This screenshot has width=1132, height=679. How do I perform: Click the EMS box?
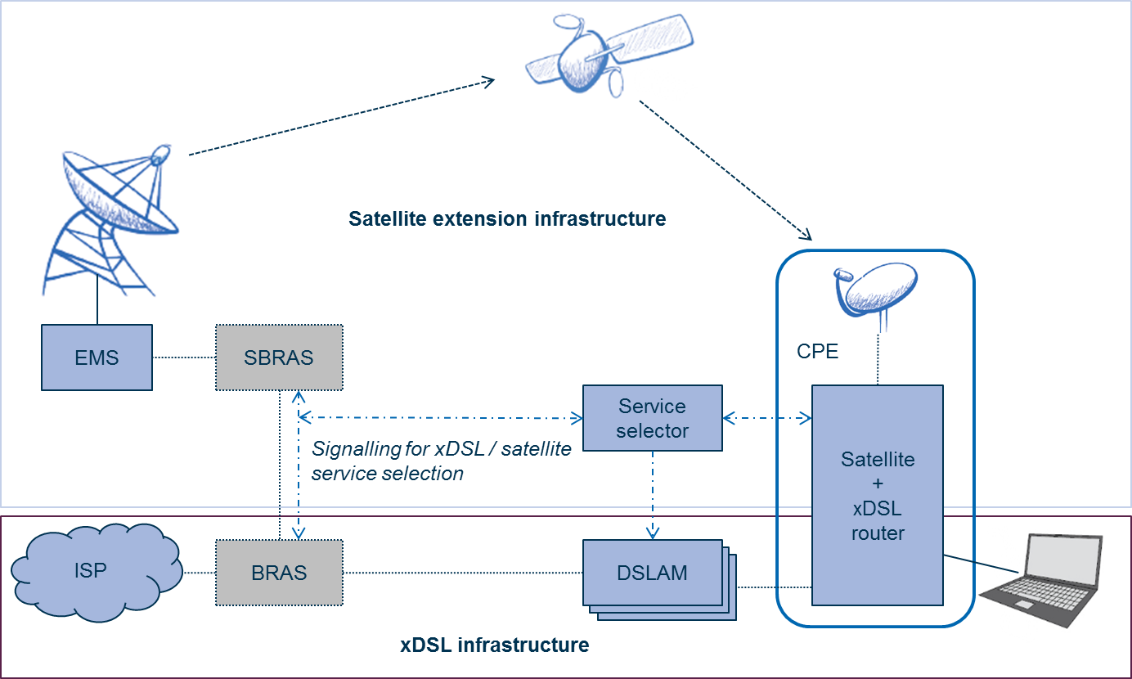click(97, 357)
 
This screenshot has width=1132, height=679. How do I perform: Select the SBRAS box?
click(279, 357)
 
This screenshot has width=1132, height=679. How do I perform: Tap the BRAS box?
click(279, 573)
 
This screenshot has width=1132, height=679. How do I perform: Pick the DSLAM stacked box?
click(653, 573)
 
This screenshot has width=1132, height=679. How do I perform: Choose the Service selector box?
click(652, 419)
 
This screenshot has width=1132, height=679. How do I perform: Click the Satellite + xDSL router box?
click(877, 496)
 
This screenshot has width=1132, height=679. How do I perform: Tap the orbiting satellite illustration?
click(609, 53)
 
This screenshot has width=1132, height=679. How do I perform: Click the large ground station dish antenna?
click(110, 219)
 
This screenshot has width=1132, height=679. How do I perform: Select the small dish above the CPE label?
click(877, 292)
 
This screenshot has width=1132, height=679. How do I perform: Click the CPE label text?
click(818, 352)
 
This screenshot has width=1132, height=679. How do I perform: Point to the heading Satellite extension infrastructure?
click(507, 219)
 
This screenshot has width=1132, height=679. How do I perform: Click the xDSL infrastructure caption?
click(495, 645)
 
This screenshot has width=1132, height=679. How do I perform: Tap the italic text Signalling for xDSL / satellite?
click(442, 449)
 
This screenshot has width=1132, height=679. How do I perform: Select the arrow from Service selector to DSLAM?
click(653, 495)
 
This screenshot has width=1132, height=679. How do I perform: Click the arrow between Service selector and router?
click(767, 419)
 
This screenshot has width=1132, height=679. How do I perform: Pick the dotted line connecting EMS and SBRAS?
click(184, 357)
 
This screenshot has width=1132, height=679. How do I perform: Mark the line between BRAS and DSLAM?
click(462, 573)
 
